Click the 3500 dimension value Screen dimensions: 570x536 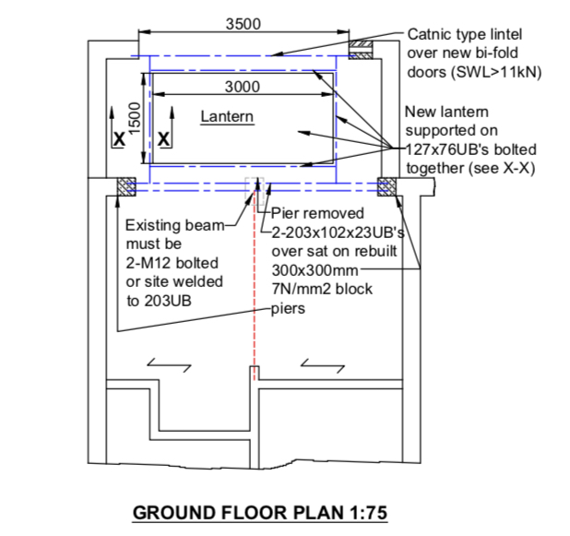243,24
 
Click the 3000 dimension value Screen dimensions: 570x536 243,87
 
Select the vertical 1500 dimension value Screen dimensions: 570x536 135,118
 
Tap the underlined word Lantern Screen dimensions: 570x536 227,117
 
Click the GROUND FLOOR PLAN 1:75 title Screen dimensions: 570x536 260,513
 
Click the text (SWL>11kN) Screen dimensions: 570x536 496,72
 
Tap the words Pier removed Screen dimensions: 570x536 317,213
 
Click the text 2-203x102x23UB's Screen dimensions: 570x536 338,232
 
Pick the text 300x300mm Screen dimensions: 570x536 315,270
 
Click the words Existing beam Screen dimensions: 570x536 175,225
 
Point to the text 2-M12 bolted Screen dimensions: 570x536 172,263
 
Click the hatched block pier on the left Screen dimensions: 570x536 126,187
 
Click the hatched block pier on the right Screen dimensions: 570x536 386,187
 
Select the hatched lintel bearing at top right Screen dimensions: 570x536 361,50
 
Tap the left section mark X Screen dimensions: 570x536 119,139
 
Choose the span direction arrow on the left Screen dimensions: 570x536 170,365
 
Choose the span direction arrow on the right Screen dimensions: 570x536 323,366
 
